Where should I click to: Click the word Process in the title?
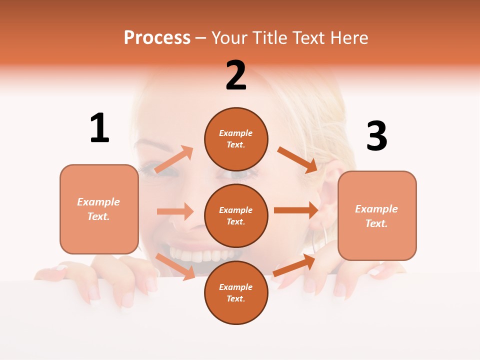(x=157, y=37)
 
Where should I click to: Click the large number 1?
(x=99, y=128)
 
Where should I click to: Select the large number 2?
(x=236, y=75)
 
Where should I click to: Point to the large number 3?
(x=376, y=136)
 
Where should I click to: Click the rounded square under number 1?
(x=99, y=209)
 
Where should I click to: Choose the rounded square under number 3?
(x=377, y=215)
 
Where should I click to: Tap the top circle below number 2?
(x=236, y=139)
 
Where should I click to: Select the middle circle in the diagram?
(x=236, y=215)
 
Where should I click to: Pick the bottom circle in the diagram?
(x=236, y=292)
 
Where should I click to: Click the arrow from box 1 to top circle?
(x=174, y=159)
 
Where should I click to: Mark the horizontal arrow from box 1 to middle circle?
(x=175, y=211)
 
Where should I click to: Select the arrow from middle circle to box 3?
(x=296, y=210)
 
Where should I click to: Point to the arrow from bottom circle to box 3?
(x=294, y=265)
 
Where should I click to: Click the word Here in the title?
(x=350, y=37)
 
